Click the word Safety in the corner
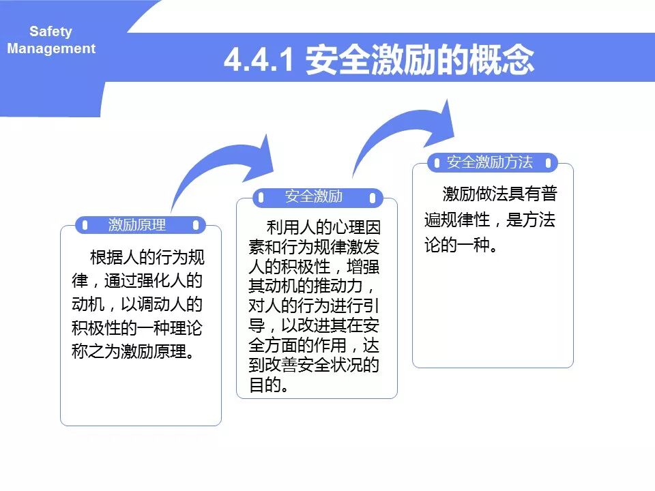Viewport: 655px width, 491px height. click(x=50, y=31)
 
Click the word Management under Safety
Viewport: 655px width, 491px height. click(x=51, y=48)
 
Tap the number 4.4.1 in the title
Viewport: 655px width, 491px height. click(x=259, y=61)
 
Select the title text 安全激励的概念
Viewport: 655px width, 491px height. click(x=420, y=61)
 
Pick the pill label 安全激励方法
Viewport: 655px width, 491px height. click(x=489, y=162)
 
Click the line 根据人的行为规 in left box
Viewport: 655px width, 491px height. click(x=146, y=258)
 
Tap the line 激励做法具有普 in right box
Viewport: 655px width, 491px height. click(x=499, y=194)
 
